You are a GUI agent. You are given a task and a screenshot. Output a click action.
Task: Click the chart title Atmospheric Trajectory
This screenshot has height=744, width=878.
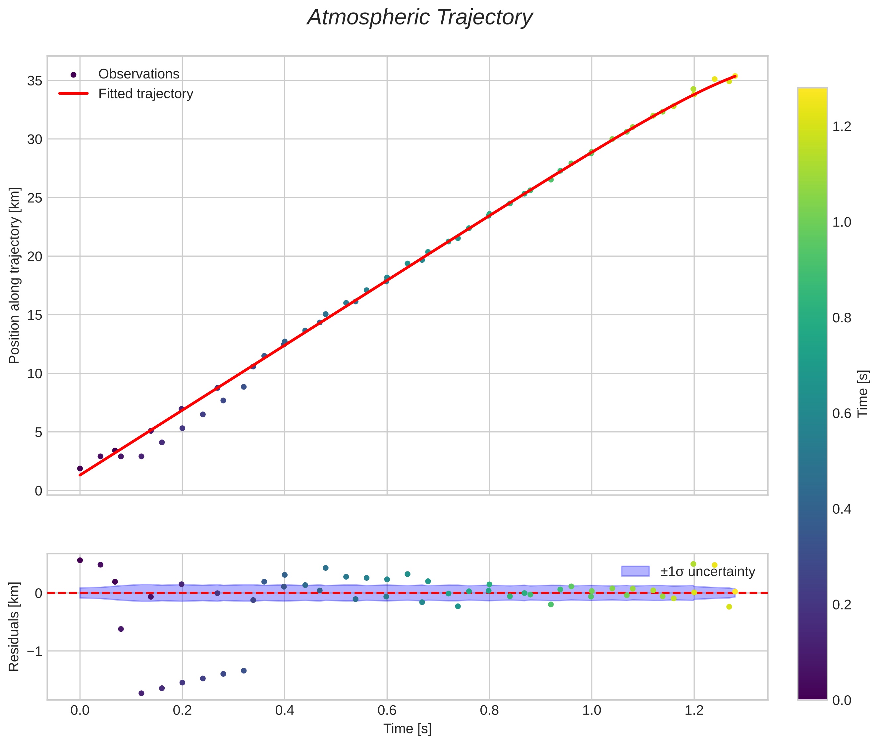pos(420,18)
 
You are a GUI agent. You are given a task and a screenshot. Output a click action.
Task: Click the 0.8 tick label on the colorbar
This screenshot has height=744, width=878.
pos(842,318)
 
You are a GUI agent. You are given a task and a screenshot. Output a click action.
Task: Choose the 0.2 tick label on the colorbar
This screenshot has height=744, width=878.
pos(842,605)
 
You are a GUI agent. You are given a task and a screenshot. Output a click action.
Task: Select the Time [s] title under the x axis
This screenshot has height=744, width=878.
pos(407,729)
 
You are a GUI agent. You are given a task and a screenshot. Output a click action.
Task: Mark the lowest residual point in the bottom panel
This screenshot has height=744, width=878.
pos(141,693)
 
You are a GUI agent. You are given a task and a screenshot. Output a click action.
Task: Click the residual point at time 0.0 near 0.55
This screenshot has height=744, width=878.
pos(80,560)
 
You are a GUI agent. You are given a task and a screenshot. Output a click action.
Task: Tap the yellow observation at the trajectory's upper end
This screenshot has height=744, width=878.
pos(735,76)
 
